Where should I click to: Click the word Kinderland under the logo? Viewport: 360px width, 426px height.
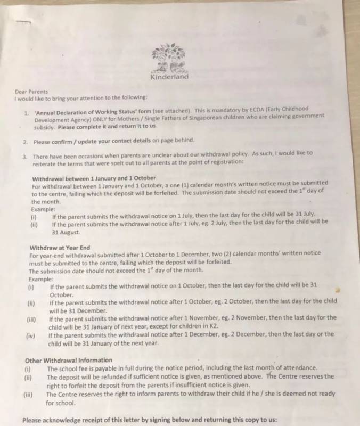(169, 76)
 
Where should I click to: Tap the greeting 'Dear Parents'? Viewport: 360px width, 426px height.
(31, 91)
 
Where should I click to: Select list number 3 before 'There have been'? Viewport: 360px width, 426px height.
(25, 157)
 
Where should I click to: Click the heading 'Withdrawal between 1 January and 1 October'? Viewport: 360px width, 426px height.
(94, 178)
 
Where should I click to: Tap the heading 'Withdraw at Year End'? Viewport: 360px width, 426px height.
(60, 248)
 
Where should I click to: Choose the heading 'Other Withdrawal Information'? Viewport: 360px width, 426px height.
(69, 360)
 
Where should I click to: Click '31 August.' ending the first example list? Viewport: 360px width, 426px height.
(66, 232)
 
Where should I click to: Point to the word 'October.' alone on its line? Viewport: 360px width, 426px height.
(62, 294)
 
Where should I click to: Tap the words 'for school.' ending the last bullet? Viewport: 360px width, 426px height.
(61, 403)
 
